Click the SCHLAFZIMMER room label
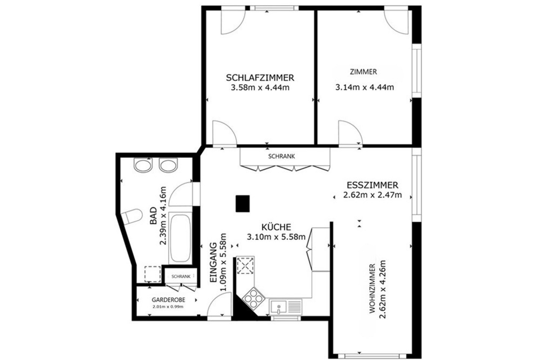pyautogui.click(x=260, y=78)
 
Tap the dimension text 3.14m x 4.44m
pyautogui.click(x=364, y=87)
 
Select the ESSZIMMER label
pyautogui.click(x=372, y=185)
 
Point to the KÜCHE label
pyautogui.click(x=276, y=227)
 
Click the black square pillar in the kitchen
pyautogui.click(x=243, y=204)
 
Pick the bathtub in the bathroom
pyautogui.click(x=180, y=238)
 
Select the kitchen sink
pyautogui.click(x=285, y=307)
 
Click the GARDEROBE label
pyautogui.click(x=168, y=300)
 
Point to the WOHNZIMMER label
pyautogui.click(x=372, y=289)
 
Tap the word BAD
pyautogui.click(x=153, y=216)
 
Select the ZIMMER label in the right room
pyautogui.click(x=363, y=72)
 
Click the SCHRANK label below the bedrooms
pyautogui.click(x=282, y=156)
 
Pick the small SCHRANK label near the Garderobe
pyautogui.click(x=181, y=276)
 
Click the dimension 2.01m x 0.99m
pyautogui.click(x=168, y=307)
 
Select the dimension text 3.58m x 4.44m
pyautogui.click(x=260, y=87)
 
